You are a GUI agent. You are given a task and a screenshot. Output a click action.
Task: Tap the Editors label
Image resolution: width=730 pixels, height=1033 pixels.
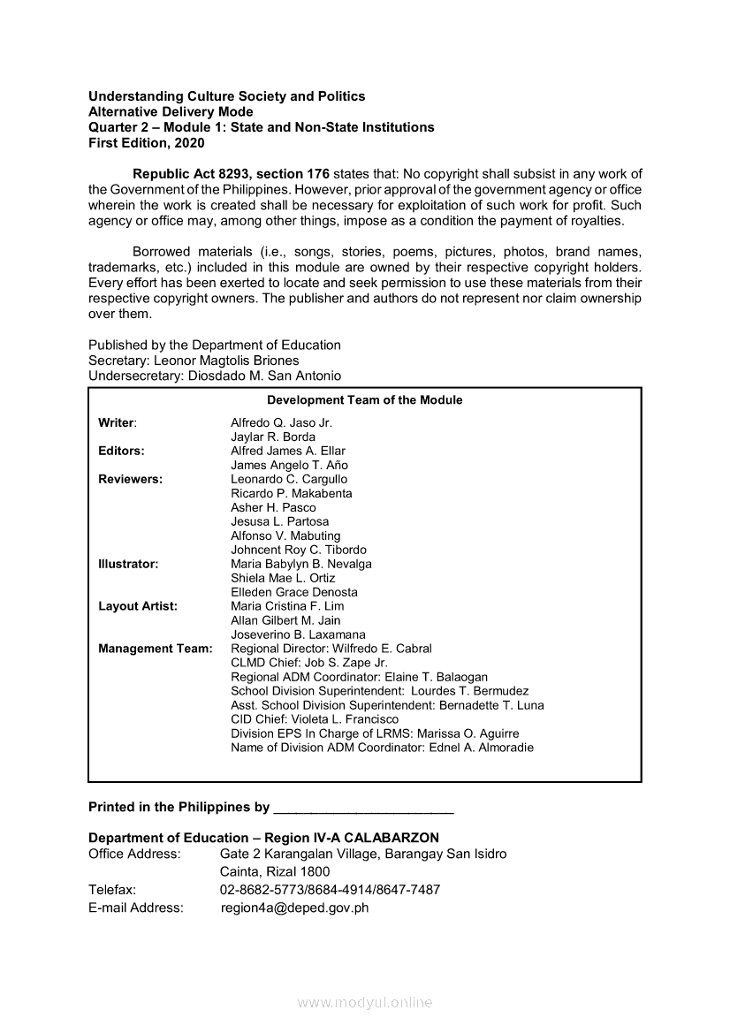(x=121, y=451)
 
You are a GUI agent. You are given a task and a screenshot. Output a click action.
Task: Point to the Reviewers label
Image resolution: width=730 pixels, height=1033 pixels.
(x=130, y=479)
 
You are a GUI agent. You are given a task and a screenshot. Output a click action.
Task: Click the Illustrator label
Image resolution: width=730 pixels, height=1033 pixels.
(x=128, y=564)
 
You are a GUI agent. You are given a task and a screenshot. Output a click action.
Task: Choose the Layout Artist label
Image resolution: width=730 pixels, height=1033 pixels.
(x=138, y=606)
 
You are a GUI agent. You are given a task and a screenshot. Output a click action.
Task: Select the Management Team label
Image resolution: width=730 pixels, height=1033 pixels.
(x=156, y=649)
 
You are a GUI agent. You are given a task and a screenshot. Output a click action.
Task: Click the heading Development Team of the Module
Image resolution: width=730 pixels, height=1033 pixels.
(x=364, y=400)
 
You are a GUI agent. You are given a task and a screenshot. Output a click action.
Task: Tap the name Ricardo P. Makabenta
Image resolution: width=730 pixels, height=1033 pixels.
(x=291, y=493)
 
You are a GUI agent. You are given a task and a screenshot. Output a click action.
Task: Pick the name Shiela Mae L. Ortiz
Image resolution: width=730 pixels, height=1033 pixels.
(x=283, y=578)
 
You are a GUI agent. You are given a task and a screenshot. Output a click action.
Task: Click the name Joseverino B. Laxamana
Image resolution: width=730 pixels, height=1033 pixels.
(x=298, y=634)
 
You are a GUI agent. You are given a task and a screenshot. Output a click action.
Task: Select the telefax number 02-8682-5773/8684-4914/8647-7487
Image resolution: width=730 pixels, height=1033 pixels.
(x=330, y=890)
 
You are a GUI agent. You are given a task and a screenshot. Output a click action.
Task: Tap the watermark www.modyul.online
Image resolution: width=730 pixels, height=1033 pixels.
(x=365, y=1003)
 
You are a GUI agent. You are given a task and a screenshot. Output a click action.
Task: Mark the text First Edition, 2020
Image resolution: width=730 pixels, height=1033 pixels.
(x=146, y=142)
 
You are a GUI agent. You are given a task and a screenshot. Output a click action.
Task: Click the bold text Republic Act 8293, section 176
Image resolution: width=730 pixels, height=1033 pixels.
(x=231, y=174)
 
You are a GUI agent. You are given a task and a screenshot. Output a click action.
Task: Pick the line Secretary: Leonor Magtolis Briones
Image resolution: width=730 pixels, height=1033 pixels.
(x=194, y=361)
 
